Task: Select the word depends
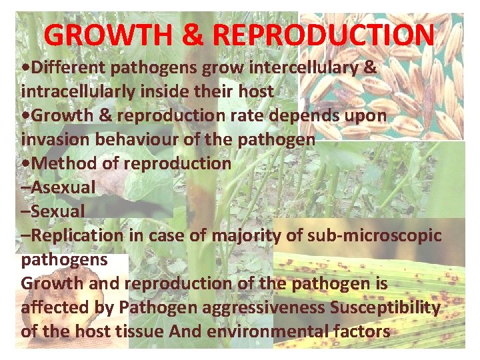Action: coord(315,115)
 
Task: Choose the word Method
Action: coord(63,163)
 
